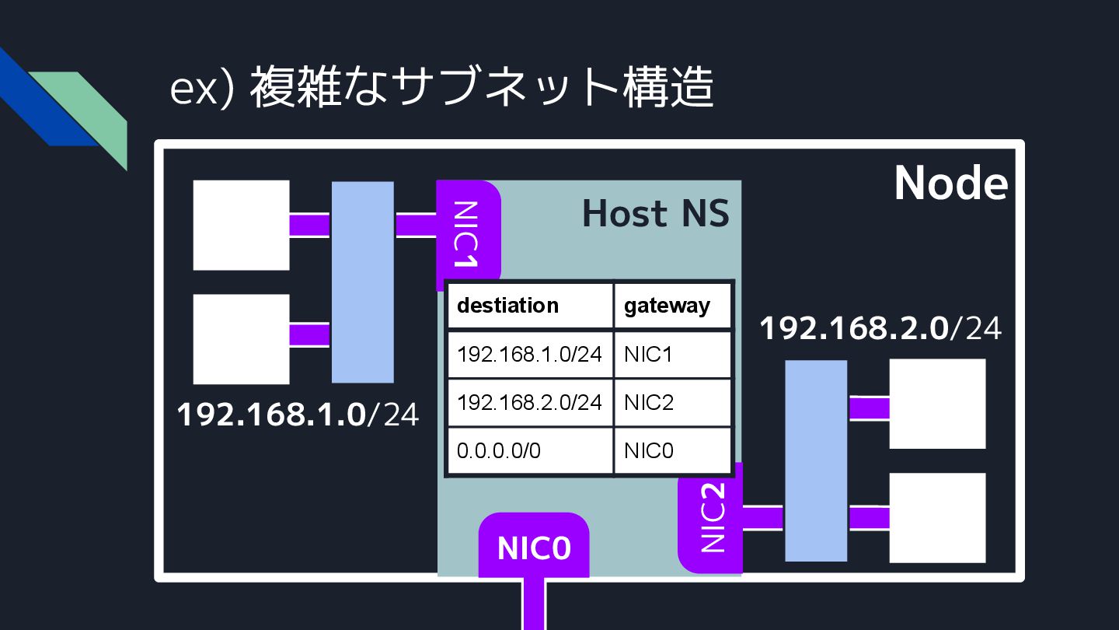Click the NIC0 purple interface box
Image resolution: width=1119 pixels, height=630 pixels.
(x=534, y=547)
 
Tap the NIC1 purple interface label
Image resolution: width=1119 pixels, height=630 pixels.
(x=466, y=233)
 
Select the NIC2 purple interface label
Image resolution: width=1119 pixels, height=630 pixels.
(x=712, y=517)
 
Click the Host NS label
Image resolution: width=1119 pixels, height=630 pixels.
(x=656, y=214)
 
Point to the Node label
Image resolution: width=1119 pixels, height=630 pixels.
(x=950, y=184)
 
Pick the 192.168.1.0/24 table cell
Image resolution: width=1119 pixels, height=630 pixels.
(x=530, y=354)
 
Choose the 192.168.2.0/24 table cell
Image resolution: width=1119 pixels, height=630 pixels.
(x=530, y=402)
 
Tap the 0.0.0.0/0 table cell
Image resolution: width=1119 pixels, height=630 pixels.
(x=530, y=450)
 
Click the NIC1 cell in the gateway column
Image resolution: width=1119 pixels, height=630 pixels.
(x=673, y=354)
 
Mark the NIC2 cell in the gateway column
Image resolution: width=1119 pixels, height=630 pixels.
(x=673, y=402)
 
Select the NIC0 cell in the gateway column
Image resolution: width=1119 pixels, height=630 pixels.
(x=673, y=450)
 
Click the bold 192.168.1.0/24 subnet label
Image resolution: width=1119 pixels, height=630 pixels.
(x=298, y=415)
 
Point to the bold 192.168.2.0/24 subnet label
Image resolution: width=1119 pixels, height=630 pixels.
(x=880, y=328)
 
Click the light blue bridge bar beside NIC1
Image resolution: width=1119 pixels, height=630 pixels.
(x=363, y=282)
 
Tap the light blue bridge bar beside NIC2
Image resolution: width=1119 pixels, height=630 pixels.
(x=816, y=460)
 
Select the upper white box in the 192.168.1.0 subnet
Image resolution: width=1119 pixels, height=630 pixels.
(x=241, y=225)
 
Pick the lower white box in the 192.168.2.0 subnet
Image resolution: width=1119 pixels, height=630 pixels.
(x=937, y=517)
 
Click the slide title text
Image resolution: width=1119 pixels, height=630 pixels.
(x=441, y=89)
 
